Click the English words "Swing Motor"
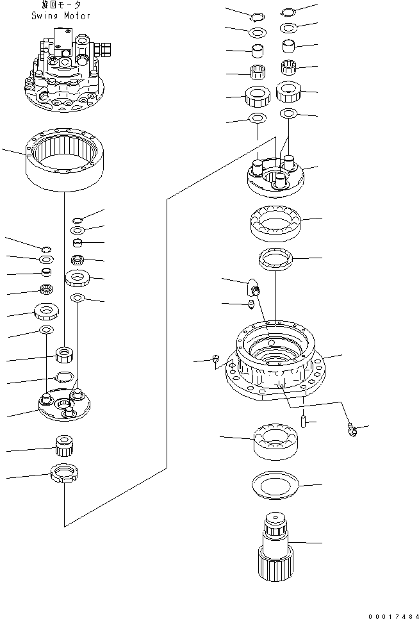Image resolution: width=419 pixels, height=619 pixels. (61, 15)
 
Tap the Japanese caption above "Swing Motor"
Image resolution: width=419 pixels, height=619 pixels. (61, 6)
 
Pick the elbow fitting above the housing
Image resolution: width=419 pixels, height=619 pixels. (253, 286)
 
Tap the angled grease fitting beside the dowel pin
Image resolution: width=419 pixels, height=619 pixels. (352, 430)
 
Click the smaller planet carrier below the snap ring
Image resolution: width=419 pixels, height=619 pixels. (65, 406)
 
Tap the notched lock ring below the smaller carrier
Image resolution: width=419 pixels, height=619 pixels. (63, 476)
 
